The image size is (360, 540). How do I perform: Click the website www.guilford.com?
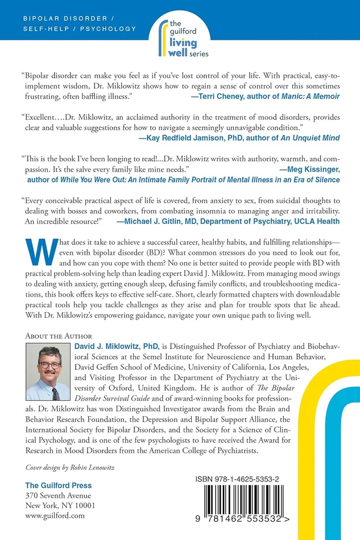point(55,516)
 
